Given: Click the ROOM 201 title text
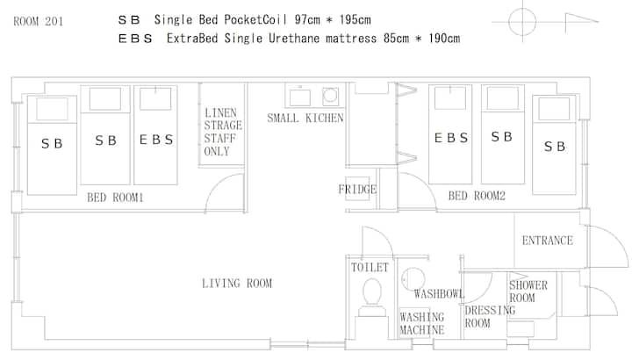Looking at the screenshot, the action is (x=39, y=21).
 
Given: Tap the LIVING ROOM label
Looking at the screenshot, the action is (x=237, y=284).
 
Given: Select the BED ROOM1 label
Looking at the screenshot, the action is (x=115, y=198).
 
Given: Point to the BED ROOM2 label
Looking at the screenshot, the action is (x=477, y=196).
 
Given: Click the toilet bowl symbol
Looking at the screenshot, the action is (x=372, y=292).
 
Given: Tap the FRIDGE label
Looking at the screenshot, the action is (x=357, y=189).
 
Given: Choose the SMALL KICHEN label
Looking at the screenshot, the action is (x=305, y=119).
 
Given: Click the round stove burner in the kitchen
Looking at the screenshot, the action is (x=330, y=96).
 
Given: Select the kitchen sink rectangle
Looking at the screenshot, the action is (x=300, y=97).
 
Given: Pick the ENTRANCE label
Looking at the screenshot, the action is (x=548, y=241).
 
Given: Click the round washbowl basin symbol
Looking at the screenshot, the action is (x=413, y=278).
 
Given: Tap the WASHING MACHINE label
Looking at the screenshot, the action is (x=422, y=323).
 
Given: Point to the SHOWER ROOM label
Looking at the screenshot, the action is (x=528, y=292).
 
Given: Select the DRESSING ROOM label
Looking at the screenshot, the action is (x=490, y=317).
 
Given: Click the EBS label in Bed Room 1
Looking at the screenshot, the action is (x=156, y=140).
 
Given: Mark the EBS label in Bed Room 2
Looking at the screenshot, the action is (x=451, y=138).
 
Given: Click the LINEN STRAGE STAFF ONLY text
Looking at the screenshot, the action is (x=223, y=132).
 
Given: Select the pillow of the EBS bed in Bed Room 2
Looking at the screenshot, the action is (x=450, y=98).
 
